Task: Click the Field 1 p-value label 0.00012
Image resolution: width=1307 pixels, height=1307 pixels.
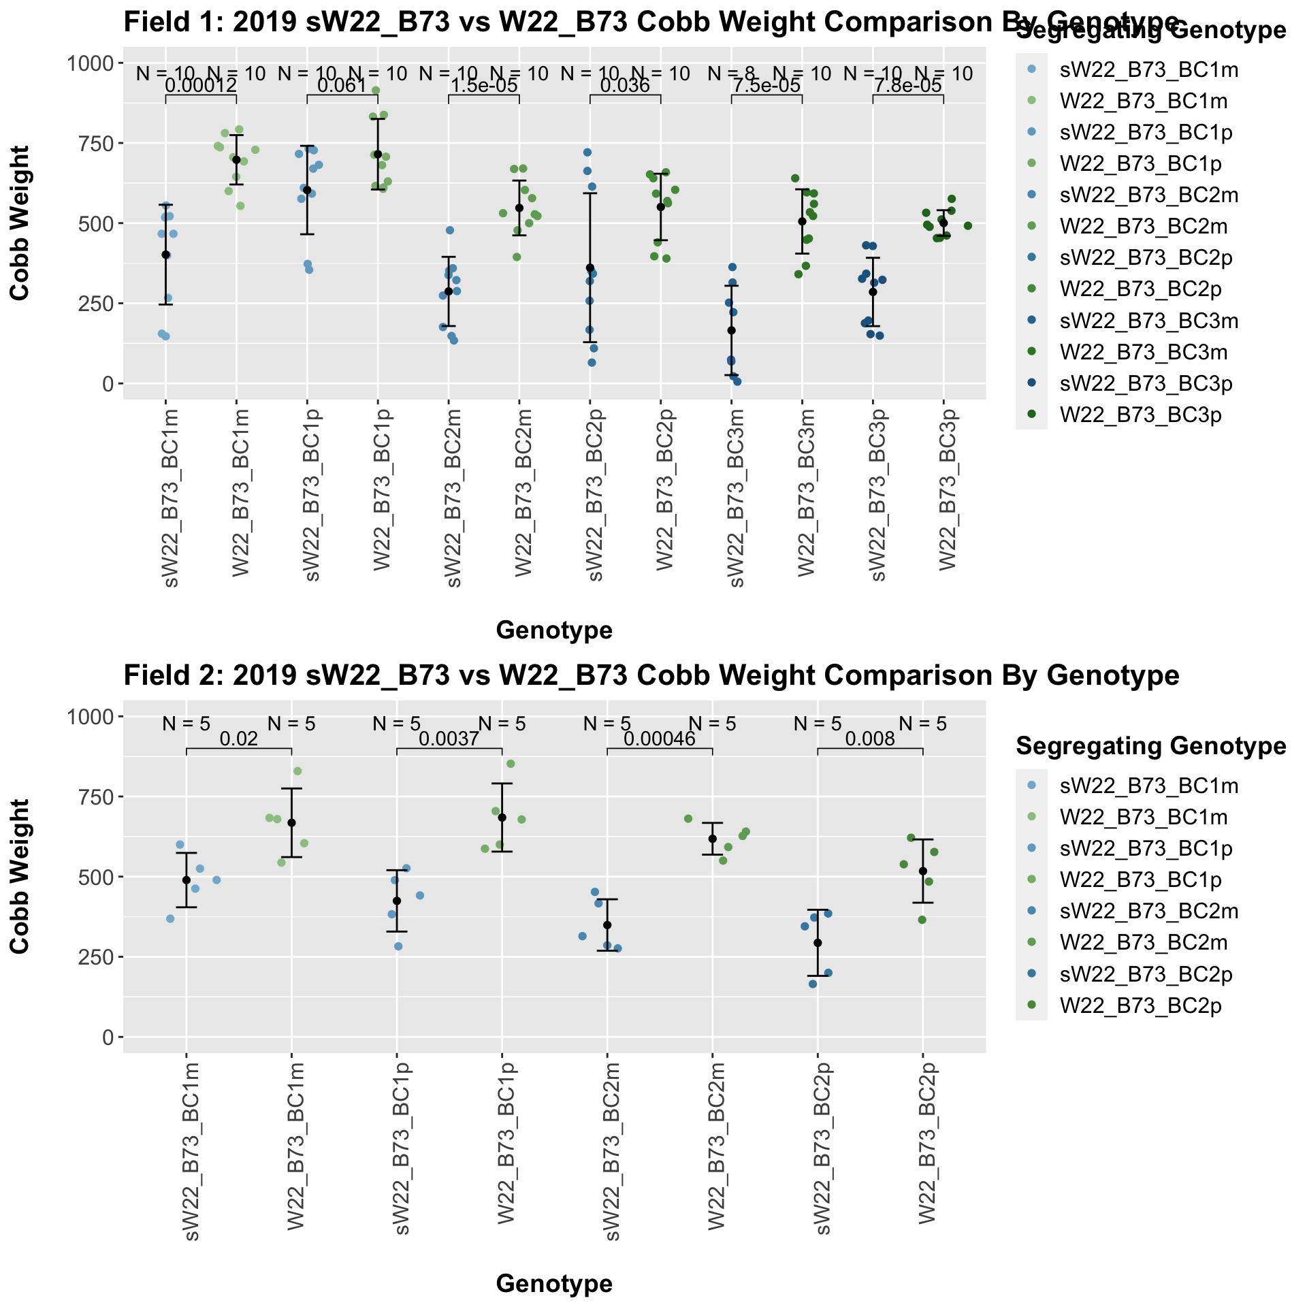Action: tap(201, 86)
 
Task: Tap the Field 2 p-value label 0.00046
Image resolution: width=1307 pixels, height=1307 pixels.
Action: tap(659, 739)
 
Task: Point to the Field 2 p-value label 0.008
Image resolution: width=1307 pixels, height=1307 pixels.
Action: tap(870, 739)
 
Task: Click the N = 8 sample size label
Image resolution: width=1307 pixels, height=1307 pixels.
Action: tap(732, 73)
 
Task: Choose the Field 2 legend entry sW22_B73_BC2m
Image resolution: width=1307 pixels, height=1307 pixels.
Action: tap(1149, 911)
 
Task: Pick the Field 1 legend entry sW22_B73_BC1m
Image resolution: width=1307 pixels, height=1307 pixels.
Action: tap(1149, 69)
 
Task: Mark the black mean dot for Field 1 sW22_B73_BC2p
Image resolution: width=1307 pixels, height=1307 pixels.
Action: tap(590, 268)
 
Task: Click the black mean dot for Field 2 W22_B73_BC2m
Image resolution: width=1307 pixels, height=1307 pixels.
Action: tap(712, 839)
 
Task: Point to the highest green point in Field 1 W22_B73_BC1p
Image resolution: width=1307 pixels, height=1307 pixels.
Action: tap(376, 91)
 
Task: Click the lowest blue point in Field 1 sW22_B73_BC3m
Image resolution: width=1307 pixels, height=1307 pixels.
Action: tap(737, 382)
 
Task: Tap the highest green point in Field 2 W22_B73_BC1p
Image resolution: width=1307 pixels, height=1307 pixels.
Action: tap(511, 764)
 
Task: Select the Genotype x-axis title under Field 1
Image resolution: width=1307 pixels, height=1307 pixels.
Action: tap(554, 631)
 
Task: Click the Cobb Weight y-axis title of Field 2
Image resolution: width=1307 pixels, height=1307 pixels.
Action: tap(20, 877)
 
